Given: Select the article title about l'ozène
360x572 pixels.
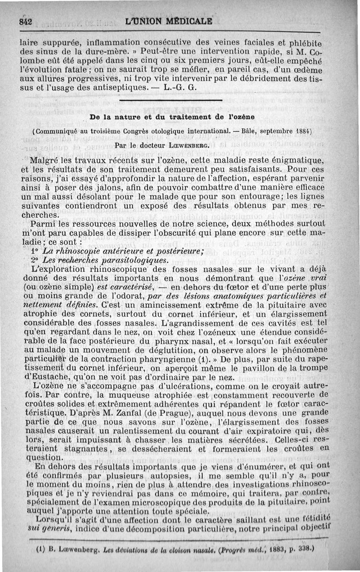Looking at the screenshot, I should pyautogui.click(x=172, y=117).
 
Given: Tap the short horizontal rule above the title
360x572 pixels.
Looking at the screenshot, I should pyautogui.click(x=171, y=101).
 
